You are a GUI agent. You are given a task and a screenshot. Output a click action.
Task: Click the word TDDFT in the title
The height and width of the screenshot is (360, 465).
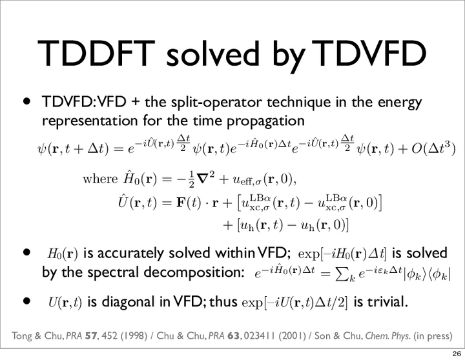tap(96, 54)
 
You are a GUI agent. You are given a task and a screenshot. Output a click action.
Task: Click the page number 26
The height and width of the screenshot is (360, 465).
tap(457, 354)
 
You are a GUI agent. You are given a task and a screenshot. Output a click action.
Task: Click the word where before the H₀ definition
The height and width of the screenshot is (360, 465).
tap(100, 179)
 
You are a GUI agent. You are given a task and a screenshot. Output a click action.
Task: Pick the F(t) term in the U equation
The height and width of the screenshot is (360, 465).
tap(189, 203)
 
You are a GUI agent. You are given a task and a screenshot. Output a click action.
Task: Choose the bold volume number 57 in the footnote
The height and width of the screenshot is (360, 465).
tap(92, 336)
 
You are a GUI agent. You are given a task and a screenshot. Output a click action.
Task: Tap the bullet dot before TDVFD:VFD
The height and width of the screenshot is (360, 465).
tap(27, 102)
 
